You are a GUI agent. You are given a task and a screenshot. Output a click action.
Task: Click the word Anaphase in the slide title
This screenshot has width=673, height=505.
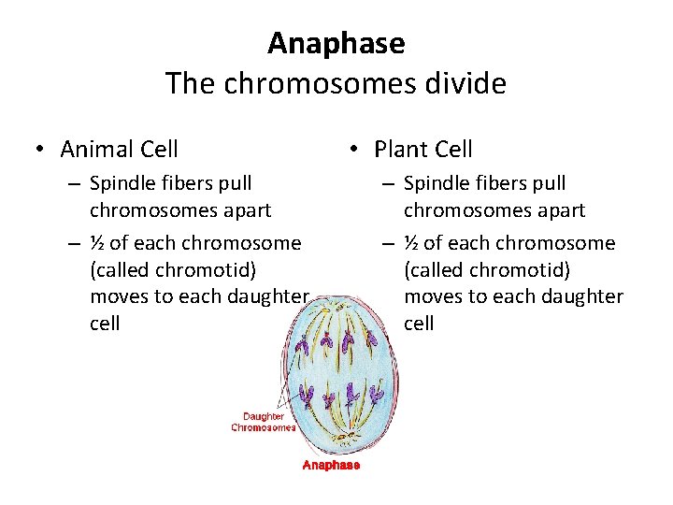[336, 43]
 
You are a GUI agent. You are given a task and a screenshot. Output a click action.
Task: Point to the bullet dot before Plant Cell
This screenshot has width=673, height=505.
[352, 150]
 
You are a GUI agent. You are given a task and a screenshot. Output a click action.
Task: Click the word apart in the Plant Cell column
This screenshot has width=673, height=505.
[559, 210]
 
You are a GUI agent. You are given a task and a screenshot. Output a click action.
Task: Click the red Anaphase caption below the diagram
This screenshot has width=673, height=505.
[331, 465]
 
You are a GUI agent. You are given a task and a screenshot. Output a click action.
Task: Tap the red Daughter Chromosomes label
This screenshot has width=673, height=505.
[264, 422]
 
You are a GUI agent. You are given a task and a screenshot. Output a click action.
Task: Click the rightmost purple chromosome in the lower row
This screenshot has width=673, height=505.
[376, 396]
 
